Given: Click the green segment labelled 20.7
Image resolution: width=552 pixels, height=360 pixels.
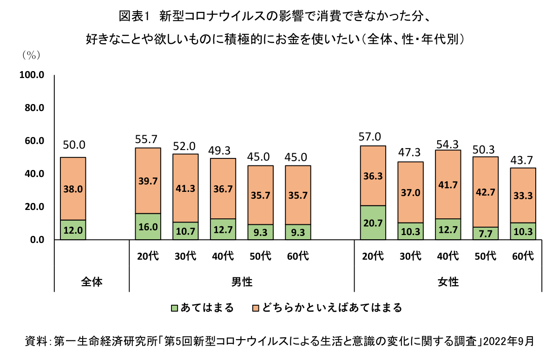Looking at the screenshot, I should [373, 223].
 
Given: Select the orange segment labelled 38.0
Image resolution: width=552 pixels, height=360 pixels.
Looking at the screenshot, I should [73, 189].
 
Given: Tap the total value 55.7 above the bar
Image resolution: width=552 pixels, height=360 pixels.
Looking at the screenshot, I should [148, 138].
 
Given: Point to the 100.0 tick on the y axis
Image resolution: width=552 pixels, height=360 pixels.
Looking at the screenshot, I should [32, 75].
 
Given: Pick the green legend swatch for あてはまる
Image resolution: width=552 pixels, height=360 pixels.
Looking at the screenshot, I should [175, 308].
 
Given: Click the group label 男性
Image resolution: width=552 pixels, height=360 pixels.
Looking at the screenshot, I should [242, 282].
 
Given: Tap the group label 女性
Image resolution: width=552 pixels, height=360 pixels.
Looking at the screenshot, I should [448, 282].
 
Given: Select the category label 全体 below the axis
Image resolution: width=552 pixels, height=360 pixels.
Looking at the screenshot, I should [92, 282].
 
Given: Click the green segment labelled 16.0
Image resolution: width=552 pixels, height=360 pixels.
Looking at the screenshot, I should [148, 227].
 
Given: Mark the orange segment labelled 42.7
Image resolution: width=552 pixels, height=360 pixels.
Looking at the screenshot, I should [485, 192].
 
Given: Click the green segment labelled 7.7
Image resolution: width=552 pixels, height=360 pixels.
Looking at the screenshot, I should [485, 233].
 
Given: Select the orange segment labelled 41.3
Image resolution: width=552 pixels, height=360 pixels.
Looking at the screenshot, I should [185, 188].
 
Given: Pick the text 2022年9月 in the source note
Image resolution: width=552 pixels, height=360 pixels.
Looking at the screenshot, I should [510, 341].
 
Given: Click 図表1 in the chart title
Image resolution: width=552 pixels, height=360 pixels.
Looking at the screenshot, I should [133, 16].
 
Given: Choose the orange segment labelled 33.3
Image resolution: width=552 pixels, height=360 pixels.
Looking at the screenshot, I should [523, 195].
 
